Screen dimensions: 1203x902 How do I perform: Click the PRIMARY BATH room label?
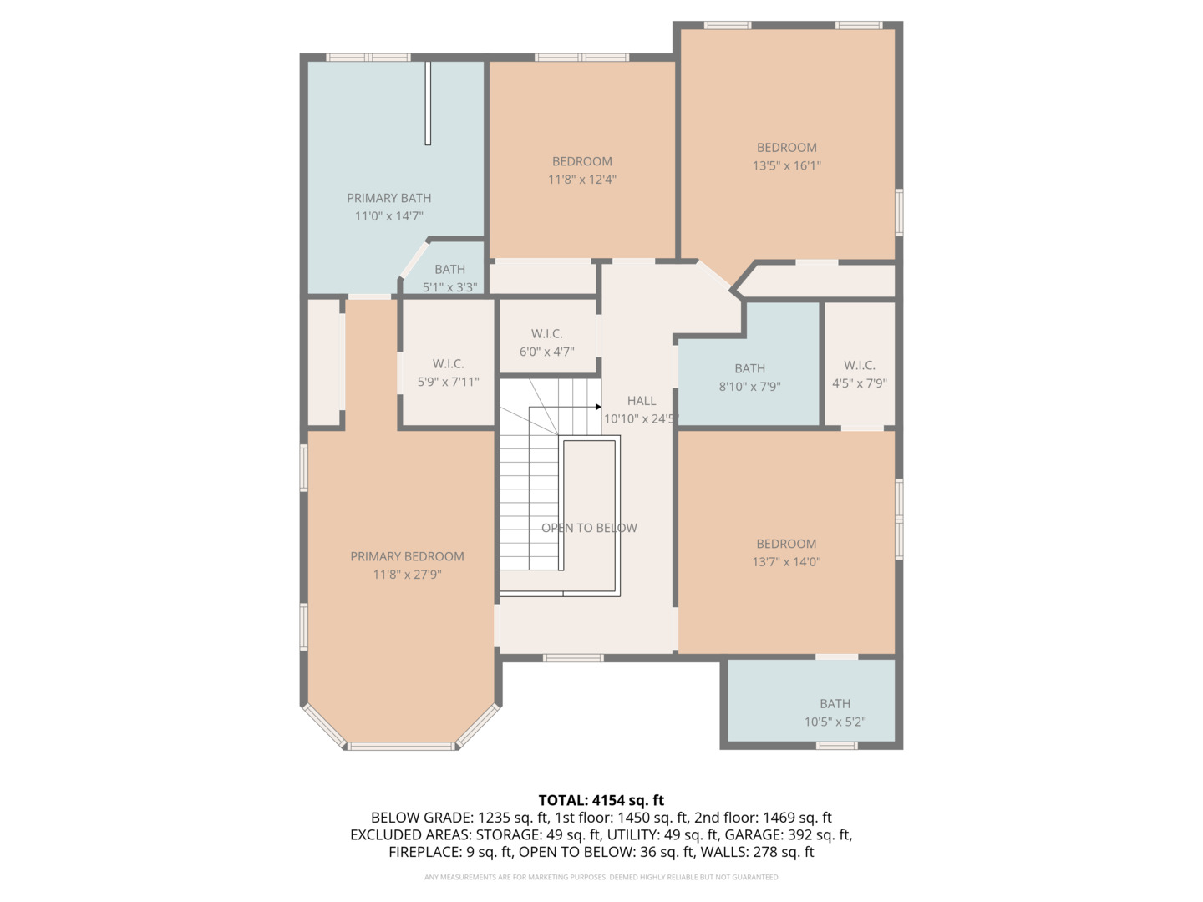(388, 198)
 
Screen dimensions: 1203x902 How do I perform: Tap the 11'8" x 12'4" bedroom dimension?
(582, 179)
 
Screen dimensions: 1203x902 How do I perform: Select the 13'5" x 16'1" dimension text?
(786, 165)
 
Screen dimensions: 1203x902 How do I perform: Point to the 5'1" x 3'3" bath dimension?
(449, 287)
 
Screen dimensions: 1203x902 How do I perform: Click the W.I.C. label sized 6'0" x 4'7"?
(546, 333)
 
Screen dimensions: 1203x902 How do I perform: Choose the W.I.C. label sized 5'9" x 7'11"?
(449, 363)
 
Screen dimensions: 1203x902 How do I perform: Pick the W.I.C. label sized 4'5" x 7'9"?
(860, 365)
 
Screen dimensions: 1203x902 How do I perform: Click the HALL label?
(642, 401)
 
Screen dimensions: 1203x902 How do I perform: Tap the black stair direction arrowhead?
(598, 407)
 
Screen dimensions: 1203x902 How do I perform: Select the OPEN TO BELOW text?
(589, 528)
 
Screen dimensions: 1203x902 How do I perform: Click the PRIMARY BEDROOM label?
(407, 556)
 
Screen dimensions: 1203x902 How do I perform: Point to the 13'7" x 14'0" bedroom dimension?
(786, 562)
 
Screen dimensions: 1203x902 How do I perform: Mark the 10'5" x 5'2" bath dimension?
(835, 722)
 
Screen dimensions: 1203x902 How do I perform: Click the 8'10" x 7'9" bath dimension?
(749, 387)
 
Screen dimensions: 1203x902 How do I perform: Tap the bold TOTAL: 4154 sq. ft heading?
(601, 800)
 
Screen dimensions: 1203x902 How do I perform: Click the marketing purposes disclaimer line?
(601, 877)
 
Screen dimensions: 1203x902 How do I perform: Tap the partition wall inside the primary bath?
(428, 103)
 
